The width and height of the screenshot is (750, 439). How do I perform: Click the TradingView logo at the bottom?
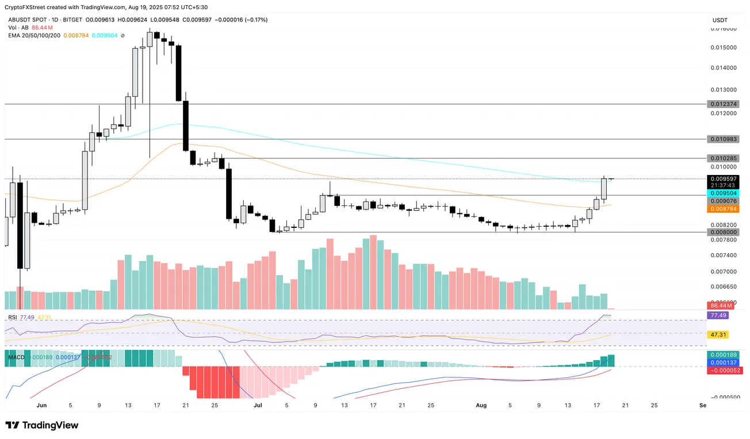(42, 425)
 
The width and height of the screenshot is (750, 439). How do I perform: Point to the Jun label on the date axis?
(41, 405)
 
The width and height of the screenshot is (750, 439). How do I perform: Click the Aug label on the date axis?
(481, 405)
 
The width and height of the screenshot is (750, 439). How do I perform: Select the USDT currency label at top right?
(720, 20)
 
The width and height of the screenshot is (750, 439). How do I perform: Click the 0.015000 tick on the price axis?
(723, 47)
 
